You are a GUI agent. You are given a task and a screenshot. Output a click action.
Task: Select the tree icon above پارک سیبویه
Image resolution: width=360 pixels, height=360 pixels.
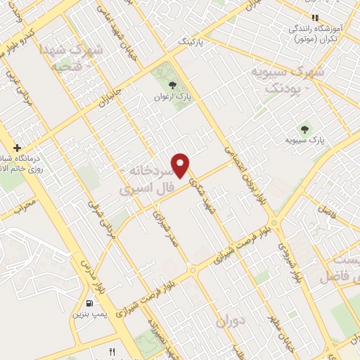click(304, 129)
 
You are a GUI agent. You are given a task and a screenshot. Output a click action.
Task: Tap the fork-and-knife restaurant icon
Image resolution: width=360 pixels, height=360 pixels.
click(111, 351)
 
